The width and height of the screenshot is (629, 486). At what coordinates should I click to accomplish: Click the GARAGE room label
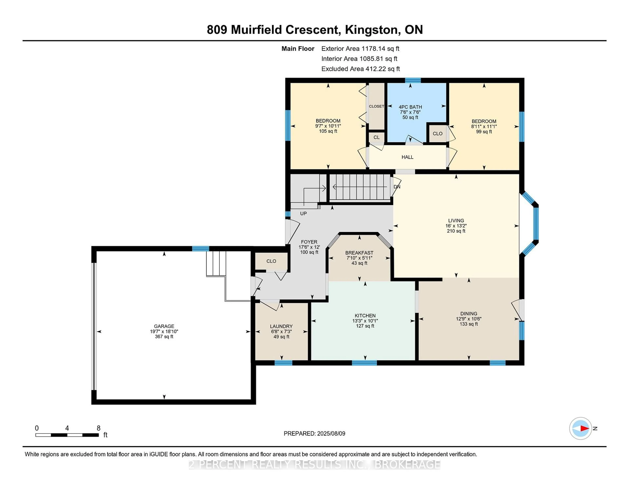click(164, 326)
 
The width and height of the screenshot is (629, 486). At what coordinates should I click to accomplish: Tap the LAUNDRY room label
click(281, 326)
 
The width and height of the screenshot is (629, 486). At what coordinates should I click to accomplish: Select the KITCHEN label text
click(365, 316)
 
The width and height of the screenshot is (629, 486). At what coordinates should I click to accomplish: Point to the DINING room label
click(469, 314)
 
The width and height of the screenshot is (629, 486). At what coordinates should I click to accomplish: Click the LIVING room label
click(456, 221)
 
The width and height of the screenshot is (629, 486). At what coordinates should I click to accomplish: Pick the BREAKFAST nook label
click(359, 253)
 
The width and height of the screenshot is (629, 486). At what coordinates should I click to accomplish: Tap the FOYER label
click(309, 242)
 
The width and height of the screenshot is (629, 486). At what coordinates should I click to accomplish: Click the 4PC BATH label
click(410, 107)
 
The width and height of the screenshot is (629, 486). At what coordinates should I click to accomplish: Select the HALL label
click(407, 157)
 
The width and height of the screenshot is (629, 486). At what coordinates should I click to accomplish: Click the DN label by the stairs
click(397, 187)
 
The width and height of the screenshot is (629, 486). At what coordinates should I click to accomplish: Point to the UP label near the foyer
click(303, 213)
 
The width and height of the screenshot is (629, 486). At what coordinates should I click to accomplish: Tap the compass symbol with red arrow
click(580, 428)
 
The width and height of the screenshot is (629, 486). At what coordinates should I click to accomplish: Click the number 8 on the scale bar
click(98, 428)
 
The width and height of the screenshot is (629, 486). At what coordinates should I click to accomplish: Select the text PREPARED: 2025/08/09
click(314, 433)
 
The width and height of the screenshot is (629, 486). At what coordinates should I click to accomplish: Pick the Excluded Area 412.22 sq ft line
click(361, 69)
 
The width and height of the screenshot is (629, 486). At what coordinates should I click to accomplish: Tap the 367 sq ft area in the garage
click(164, 336)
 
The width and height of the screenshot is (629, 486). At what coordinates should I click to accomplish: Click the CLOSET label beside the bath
click(376, 106)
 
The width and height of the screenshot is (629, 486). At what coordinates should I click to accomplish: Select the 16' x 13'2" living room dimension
click(456, 226)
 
